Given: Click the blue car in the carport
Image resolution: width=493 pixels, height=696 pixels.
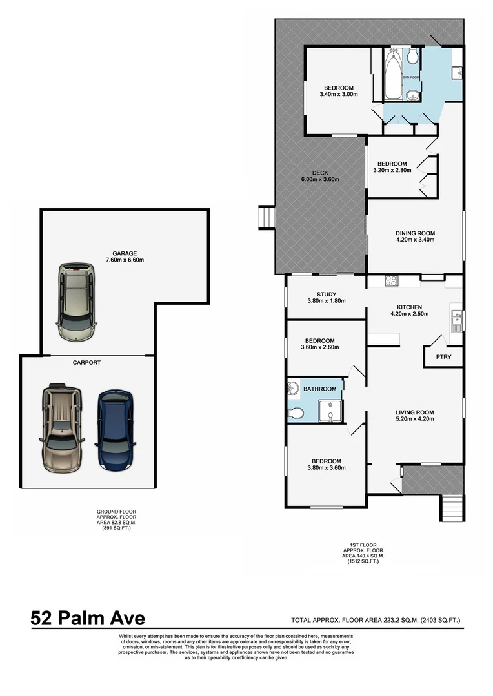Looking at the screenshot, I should (116, 430).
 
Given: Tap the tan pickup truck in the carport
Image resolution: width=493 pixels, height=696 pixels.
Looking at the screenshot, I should (62, 427).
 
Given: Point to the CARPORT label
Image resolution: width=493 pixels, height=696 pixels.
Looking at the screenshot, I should (88, 363).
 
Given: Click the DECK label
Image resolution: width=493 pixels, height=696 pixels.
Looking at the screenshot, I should (320, 172).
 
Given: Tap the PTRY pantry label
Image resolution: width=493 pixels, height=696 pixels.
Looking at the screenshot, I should (443, 356).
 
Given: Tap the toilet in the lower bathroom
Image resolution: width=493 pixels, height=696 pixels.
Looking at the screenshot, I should (296, 412).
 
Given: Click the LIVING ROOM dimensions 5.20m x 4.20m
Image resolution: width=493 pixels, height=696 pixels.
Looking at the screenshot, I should (414, 419).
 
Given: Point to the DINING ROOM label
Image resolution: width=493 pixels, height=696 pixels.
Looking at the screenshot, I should (415, 233).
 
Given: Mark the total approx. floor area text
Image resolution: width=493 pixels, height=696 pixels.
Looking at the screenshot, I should (376, 621).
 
